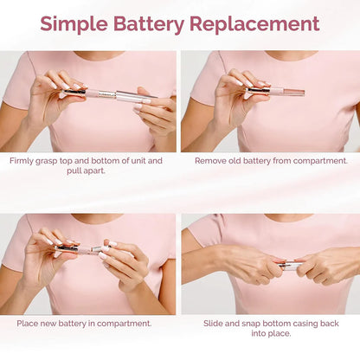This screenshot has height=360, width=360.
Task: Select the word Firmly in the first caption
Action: coord(22,161)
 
